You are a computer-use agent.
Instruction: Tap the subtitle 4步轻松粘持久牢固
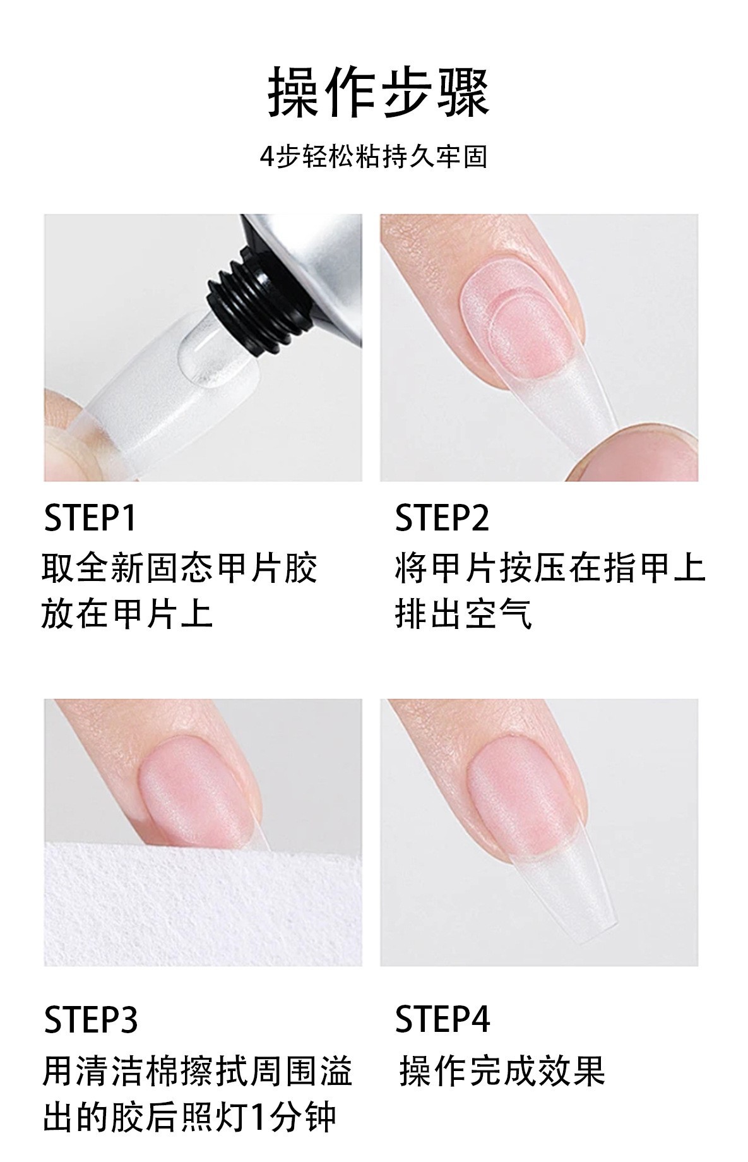tap(374, 156)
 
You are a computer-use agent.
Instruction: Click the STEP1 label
tap(90, 518)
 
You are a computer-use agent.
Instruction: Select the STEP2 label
tap(442, 518)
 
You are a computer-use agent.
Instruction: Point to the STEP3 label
tap(90, 1019)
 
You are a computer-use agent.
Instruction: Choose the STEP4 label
tap(442, 1019)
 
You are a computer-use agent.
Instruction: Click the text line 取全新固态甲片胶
tap(179, 567)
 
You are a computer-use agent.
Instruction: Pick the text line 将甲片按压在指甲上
tap(549, 567)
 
